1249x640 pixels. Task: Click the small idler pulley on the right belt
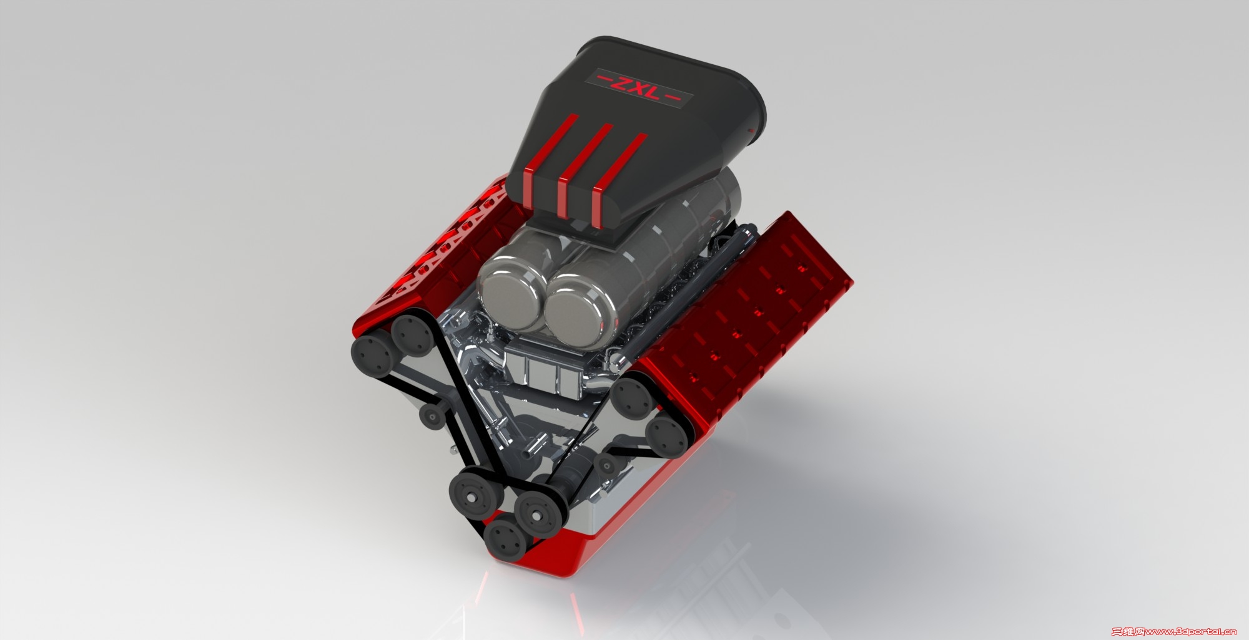(605, 463)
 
